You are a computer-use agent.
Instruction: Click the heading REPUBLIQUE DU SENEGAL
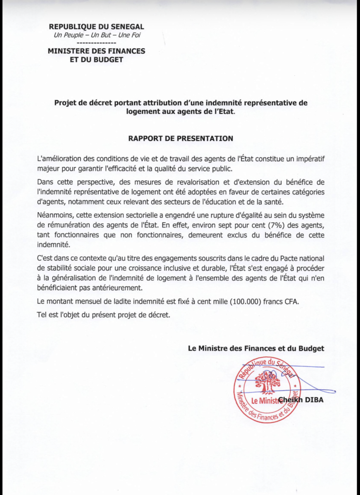pyautogui.click(x=96, y=27)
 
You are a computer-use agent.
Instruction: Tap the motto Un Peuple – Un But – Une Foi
pyautogui.click(x=96, y=35)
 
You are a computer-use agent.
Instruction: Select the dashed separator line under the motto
pyautogui.click(x=96, y=43)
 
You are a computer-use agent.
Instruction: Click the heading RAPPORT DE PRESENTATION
pyautogui.click(x=180, y=138)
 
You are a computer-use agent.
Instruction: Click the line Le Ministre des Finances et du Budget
pyautogui.click(x=256, y=348)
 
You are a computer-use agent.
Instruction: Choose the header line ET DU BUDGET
pyautogui.click(x=96, y=60)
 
